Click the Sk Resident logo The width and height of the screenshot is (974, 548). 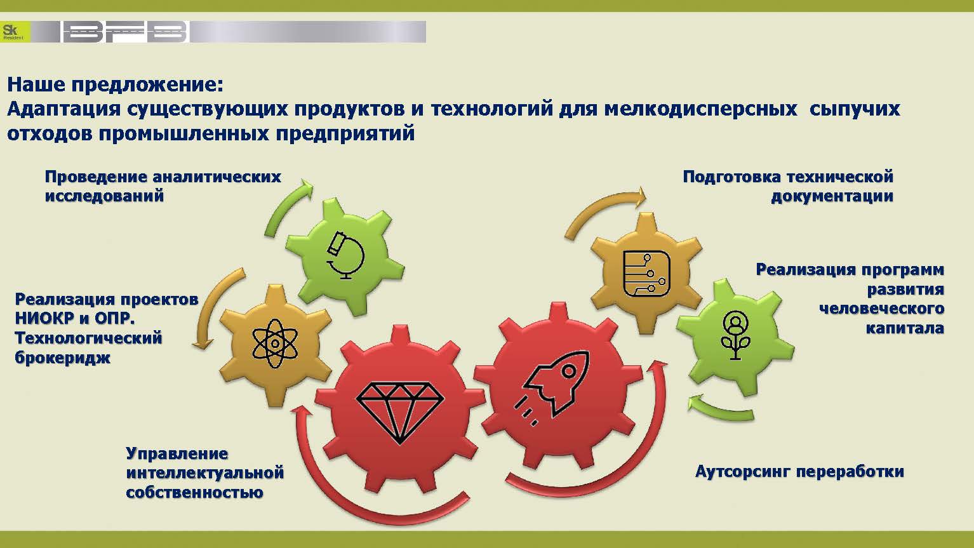click(15, 32)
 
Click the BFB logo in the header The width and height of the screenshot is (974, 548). click(125, 32)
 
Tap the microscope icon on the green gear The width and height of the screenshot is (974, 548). click(345, 256)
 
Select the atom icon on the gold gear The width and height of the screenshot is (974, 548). click(275, 344)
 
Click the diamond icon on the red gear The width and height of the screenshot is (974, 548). click(400, 412)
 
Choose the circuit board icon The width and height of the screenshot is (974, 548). click(646, 273)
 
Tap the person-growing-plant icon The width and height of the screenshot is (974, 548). click(735, 335)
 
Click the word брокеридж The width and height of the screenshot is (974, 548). click(63, 358)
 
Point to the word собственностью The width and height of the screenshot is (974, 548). click(194, 492)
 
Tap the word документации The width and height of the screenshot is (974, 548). click(832, 197)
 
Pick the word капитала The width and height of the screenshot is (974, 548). click(905, 328)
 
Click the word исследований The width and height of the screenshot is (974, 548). click(104, 196)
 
